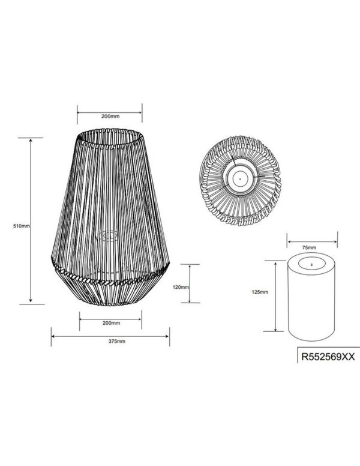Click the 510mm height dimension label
coord(22,226)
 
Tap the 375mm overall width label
coord(117,342)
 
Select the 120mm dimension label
coord(181,287)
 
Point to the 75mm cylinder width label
coord(309,247)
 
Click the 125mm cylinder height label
coord(260,292)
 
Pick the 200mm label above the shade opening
coord(110,116)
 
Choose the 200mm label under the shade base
coord(111,323)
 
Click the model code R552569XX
coord(328,357)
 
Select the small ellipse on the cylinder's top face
coord(311,264)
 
